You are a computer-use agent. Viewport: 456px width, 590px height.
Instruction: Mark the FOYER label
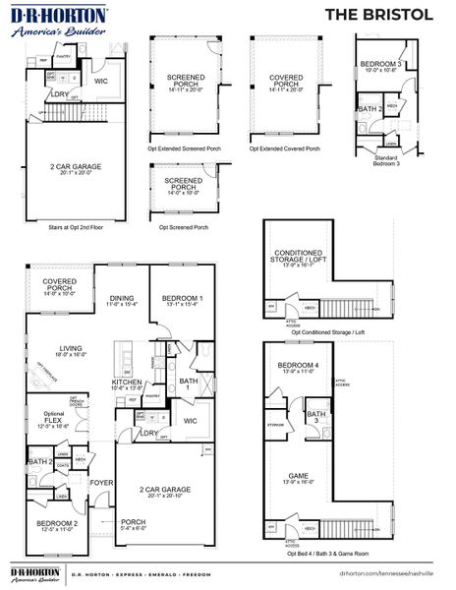[x=101, y=483]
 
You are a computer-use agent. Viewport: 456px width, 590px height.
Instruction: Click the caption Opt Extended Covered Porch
[x=284, y=149]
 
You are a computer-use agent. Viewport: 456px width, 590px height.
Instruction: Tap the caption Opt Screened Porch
[x=184, y=227]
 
